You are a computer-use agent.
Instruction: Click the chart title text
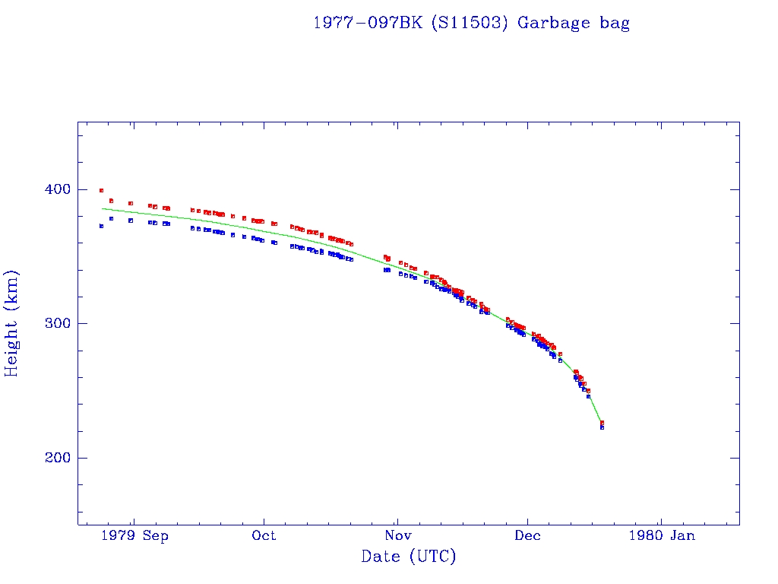coord(471,23)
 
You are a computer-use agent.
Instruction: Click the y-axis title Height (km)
coord(12,323)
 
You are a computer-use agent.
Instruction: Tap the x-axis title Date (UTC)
coord(409,557)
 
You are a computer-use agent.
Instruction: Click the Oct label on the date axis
coord(264,535)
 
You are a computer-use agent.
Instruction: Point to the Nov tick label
coord(397,535)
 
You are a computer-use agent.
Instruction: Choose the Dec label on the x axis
coord(528,535)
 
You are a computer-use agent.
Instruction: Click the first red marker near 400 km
coord(101,191)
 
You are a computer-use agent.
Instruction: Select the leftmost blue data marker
coord(101,226)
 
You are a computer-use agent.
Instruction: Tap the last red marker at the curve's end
coord(602,423)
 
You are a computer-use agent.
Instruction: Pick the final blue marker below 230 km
coord(602,427)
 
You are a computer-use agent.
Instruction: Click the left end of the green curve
coord(103,208)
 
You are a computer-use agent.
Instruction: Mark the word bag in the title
coord(614,23)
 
